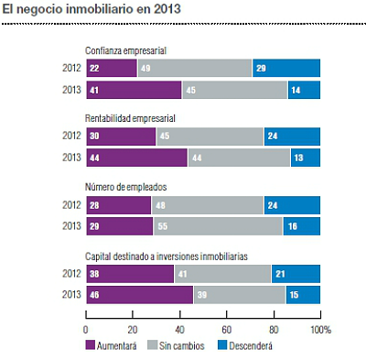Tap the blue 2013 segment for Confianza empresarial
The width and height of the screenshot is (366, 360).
[304, 91]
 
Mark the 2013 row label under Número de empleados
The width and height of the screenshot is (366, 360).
[70, 226]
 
